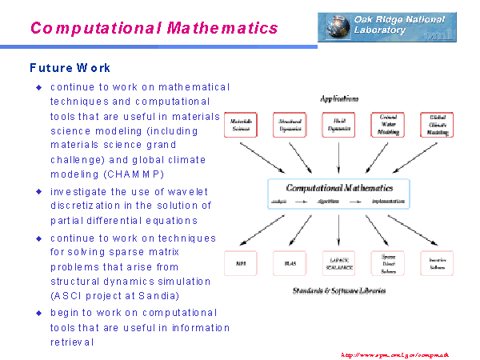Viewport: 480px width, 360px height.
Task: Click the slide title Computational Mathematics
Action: [x=154, y=28]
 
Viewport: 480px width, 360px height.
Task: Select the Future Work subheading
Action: [x=70, y=68]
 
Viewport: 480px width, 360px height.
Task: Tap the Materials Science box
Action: [x=241, y=125]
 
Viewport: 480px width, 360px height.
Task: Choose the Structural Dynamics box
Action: [x=290, y=125]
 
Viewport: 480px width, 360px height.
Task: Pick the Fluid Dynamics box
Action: [x=338, y=125]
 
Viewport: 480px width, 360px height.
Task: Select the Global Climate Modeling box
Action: [x=437, y=125]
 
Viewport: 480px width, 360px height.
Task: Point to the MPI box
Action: [x=241, y=262]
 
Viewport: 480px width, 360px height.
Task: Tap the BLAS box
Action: [x=290, y=262]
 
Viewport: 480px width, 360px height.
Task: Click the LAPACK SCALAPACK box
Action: [x=338, y=262]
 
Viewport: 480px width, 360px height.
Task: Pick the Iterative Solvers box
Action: [x=437, y=262]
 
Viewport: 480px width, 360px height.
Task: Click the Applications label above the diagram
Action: [x=339, y=98]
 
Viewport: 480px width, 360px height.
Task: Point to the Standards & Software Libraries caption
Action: [x=339, y=290]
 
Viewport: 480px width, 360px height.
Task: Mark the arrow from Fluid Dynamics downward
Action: [x=338, y=158]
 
